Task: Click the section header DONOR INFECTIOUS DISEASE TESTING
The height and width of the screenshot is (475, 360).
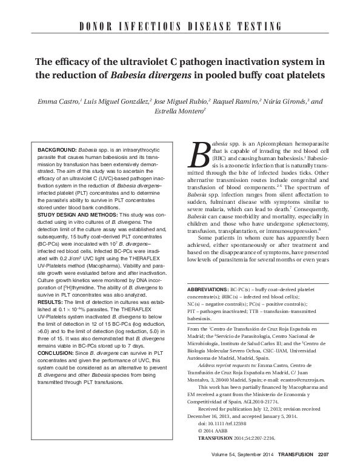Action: coord(180,27)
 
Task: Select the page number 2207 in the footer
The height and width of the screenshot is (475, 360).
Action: coord(326,456)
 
